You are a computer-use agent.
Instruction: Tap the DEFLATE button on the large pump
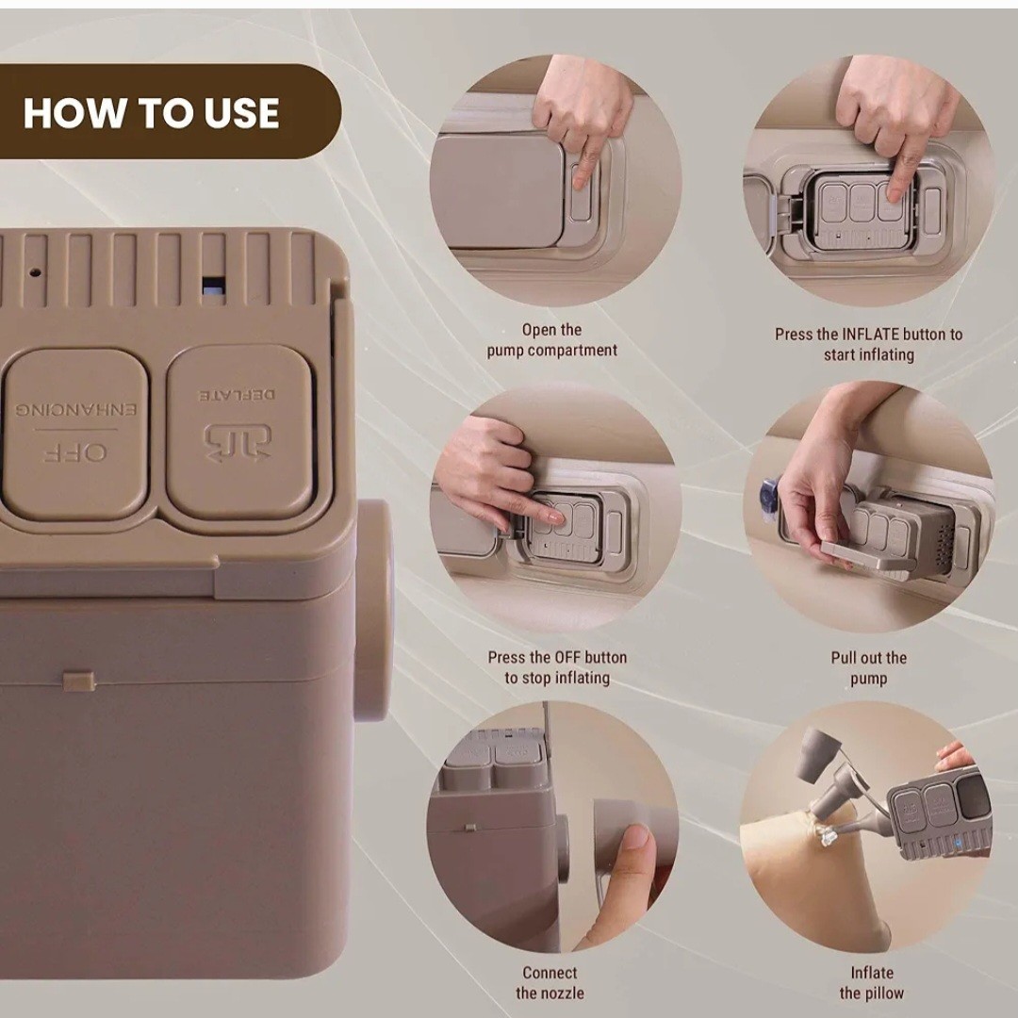240,432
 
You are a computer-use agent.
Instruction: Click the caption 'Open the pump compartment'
551,339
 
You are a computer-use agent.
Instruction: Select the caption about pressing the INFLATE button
869,344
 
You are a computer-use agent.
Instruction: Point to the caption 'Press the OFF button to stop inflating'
557,667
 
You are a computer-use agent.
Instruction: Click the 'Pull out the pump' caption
869,668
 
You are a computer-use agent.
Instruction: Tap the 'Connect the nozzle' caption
550,982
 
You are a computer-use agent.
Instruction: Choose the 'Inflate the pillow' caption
871,982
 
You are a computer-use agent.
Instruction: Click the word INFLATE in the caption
870,335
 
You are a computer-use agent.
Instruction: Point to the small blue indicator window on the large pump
214,287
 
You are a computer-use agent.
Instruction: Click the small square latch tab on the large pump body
79,681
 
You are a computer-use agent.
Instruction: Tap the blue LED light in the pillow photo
958,844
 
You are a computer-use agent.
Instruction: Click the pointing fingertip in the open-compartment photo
581,177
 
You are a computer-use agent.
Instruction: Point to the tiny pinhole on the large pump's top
37,272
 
